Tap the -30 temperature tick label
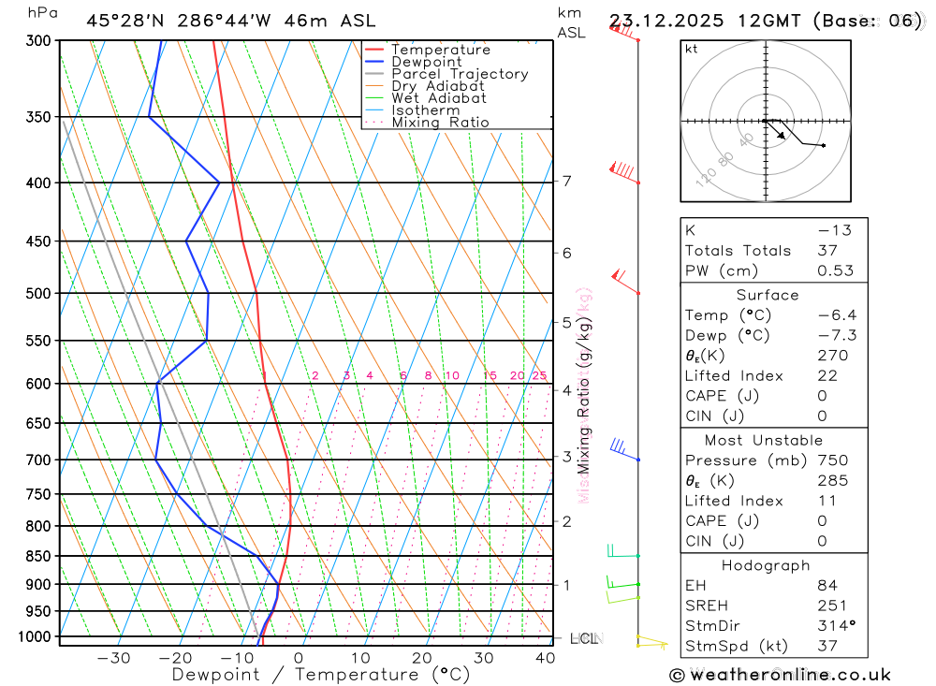point(113,658)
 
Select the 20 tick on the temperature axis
point(421,658)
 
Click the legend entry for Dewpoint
point(427,62)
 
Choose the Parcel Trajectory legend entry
point(460,74)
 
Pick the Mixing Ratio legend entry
point(440,122)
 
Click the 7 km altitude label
point(567,181)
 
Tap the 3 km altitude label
point(567,457)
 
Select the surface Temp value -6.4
point(837,315)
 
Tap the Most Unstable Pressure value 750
point(832,460)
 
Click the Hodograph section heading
point(766,565)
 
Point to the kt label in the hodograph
point(692,49)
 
